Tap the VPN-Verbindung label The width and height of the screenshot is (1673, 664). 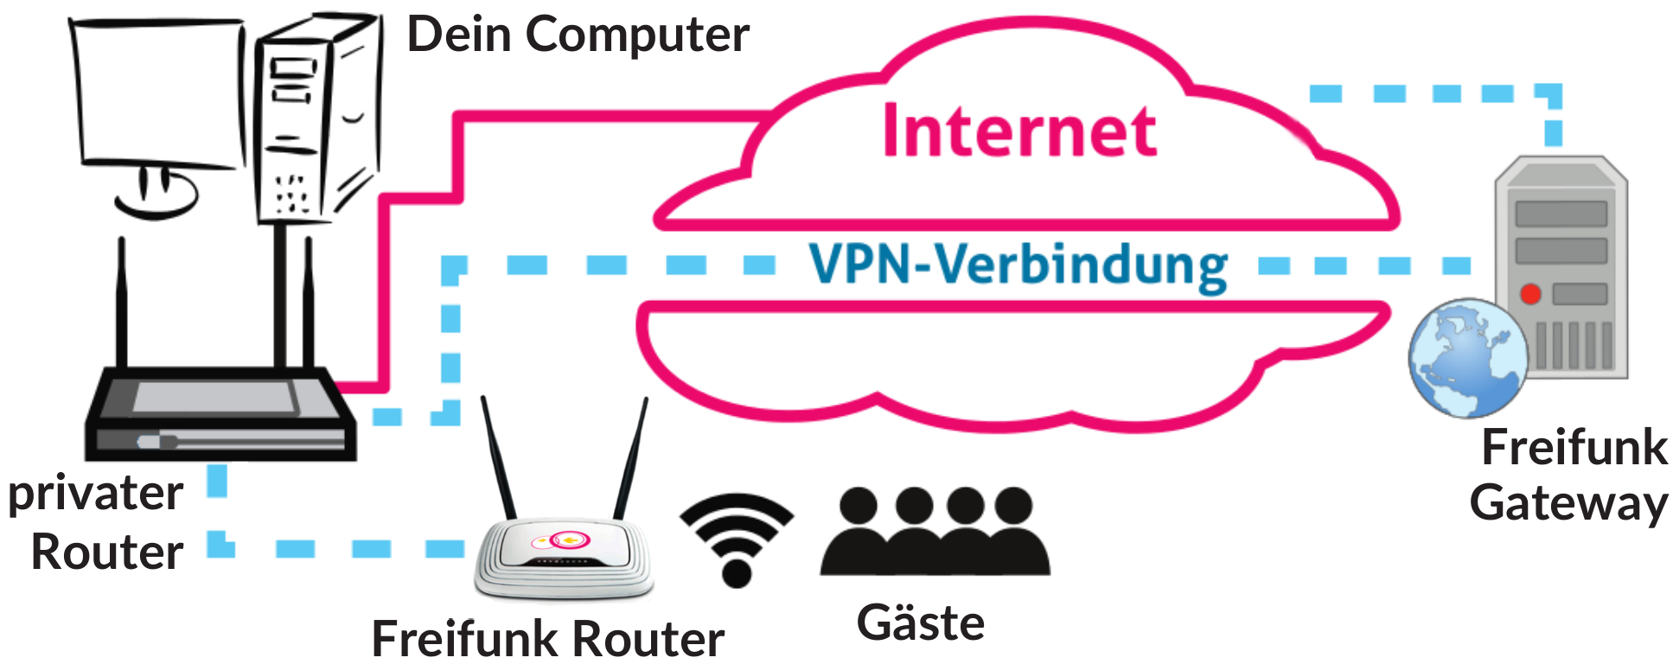point(1018,265)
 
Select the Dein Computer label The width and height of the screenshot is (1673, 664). point(578,35)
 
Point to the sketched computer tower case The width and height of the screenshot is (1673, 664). point(316,121)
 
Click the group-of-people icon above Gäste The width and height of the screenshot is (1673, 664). point(935,532)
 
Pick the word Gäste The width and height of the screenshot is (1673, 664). point(920,623)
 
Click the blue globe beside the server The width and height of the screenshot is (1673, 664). point(1466,358)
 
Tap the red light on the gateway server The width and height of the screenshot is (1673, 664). point(1530,294)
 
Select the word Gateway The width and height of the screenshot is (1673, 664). point(1568,503)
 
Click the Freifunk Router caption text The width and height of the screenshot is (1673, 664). point(547,640)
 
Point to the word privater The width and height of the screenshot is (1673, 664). point(95,495)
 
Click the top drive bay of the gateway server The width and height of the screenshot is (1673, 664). point(1561,214)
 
